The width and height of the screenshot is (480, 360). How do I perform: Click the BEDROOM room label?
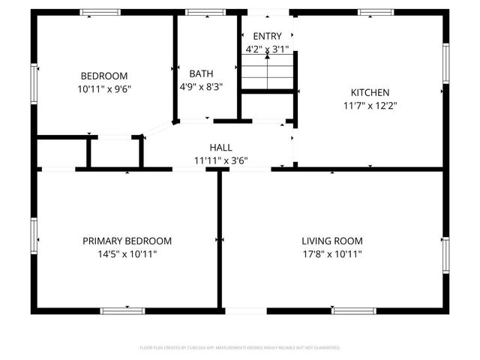(x=104, y=76)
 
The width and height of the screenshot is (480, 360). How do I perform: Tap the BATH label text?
(x=201, y=73)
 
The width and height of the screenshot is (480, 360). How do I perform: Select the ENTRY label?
(x=268, y=37)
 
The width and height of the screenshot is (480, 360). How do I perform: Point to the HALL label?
(x=220, y=148)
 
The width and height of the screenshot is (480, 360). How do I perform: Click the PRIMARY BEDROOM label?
(x=127, y=241)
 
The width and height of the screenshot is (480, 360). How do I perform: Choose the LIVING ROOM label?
(x=332, y=241)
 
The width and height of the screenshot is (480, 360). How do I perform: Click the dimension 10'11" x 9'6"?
(x=104, y=88)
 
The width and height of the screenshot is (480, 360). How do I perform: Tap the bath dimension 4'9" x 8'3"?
(x=201, y=86)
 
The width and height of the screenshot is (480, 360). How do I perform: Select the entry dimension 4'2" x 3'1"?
(x=268, y=49)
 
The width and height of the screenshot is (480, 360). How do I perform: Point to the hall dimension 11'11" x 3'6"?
(x=220, y=160)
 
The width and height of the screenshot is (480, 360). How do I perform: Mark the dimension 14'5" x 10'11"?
(x=127, y=253)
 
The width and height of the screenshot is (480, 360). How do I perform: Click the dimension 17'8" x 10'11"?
(x=332, y=253)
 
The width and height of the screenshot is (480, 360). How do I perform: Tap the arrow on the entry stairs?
(x=268, y=58)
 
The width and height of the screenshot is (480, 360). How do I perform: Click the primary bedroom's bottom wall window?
(x=123, y=309)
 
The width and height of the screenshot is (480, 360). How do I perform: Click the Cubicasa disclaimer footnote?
(x=240, y=348)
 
